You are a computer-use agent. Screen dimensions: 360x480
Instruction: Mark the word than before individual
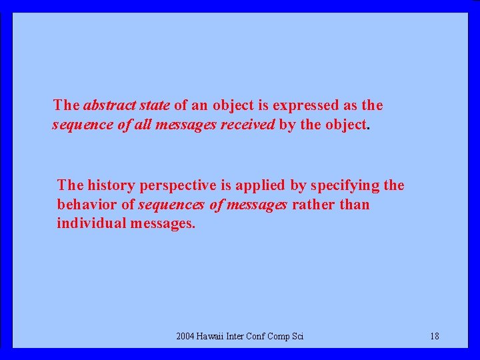[355, 204]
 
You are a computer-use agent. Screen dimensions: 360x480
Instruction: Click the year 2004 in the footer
[185, 336]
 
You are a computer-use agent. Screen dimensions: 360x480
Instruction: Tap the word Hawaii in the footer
[211, 336]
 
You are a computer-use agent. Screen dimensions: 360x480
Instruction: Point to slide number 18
[435, 336]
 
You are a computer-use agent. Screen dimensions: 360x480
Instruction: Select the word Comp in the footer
[278, 337]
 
